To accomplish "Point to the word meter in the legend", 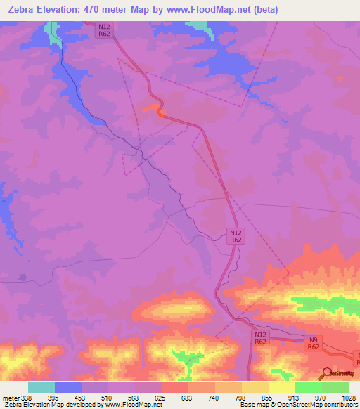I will click(10, 397).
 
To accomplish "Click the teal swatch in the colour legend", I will click(41, 387).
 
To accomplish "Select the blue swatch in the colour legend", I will click(68, 387).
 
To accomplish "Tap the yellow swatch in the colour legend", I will click(281, 387).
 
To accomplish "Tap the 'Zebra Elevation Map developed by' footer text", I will click(51, 405).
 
